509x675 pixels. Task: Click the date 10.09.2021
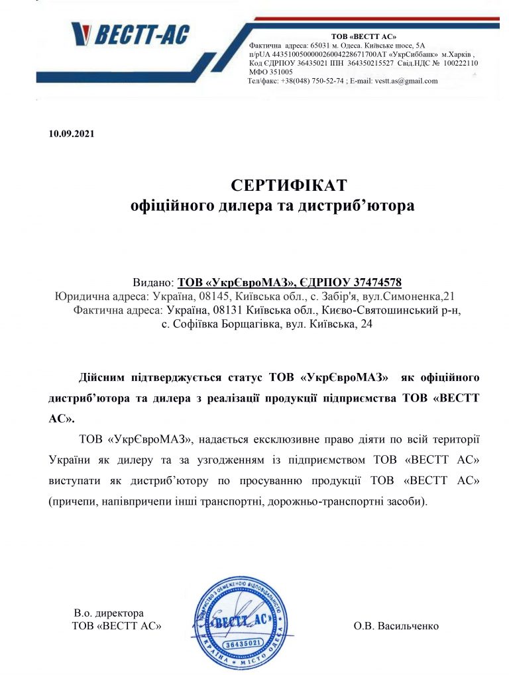72,134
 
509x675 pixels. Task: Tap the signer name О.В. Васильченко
396,625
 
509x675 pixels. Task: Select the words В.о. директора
109,613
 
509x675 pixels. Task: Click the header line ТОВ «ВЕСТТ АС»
363,35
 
